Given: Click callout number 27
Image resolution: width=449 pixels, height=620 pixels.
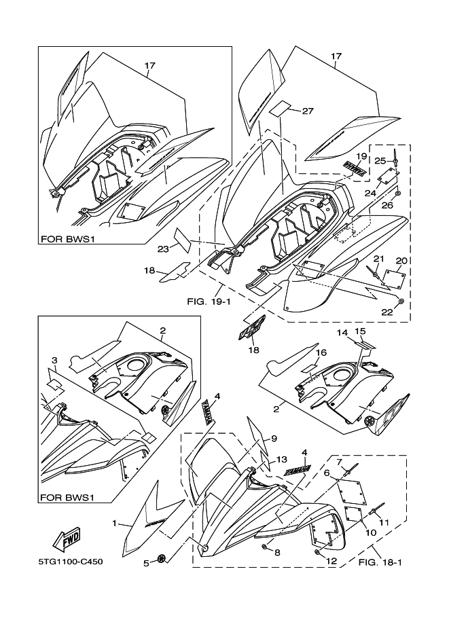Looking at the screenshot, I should pyautogui.click(x=307, y=111).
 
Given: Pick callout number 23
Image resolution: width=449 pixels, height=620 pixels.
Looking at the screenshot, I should pyautogui.click(x=162, y=249).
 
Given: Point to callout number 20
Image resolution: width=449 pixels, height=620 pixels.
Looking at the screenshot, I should pyautogui.click(x=401, y=261).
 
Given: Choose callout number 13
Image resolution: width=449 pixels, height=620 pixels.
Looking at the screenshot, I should pyautogui.click(x=282, y=459).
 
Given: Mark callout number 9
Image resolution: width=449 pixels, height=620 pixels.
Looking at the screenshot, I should pyautogui.click(x=275, y=438).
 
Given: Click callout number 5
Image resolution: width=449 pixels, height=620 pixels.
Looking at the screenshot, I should pyautogui.click(x=145, y=562).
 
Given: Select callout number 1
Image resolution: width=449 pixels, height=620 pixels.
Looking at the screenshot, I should pyautogui.click(x=115, y=524).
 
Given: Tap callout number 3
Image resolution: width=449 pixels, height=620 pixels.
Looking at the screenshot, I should pyautogui.click(x=54, y=359).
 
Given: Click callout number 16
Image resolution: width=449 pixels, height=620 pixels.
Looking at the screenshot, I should pyautogui.click(x=323, y=353).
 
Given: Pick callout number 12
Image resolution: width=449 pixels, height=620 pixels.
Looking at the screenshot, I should pyautogui.click(x=331, y=561).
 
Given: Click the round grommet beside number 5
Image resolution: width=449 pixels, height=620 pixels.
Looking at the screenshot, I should pyautogui.click(x=161, y=558).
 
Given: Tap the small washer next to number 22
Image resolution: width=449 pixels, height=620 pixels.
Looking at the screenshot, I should pyautogui.click(x=401, y=300).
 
